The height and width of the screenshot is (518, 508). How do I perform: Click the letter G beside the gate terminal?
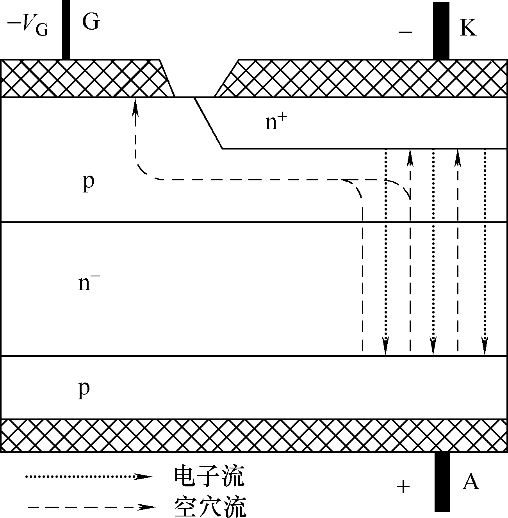pyautogui.click(x=91, y=21)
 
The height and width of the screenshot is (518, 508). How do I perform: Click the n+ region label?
pyautogui.click(x=276, y=122)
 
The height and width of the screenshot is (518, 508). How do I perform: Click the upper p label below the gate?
pyautogui.click(x=89, y=183)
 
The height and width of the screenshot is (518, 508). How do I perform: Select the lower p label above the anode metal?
pyautogui.click(x=84, y=390)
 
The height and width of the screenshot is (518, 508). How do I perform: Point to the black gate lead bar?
pyautogui.click(x=66, y=30)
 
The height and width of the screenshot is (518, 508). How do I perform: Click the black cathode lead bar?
pyautogui.click(x=441, y=31)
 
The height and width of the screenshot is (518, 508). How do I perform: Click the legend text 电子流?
pyautogui.click(x=210, y=476)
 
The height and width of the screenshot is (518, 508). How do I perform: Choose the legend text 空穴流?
pyautogui.click(x=210, y=507)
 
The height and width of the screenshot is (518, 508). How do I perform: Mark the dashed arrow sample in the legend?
pyautogui.click(x=92, y=507)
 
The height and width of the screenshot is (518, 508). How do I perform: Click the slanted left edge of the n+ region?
pyautogui.click(x=209, y=123)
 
